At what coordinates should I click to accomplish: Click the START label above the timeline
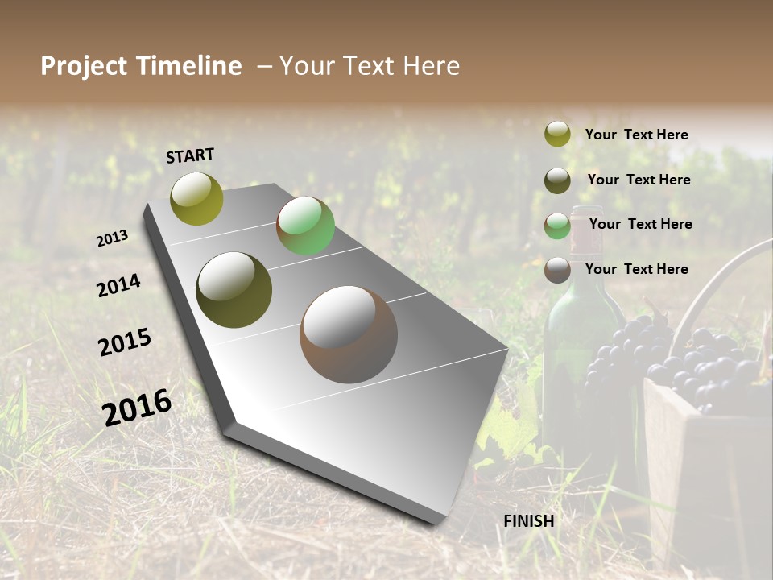click(x=190, y=155)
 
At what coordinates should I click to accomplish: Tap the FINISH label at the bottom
click(x=529, y=521)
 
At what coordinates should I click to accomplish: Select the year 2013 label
click(x=112, y=238)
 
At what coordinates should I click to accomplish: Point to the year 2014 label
click(x=118, y=285)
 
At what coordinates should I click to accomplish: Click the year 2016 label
click(x=137, y=407)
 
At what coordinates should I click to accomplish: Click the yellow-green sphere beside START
click(x=197, y=199)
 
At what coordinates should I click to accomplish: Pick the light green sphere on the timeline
click(x=305, y=226)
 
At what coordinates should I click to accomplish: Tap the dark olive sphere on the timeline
click(x=234, y=290)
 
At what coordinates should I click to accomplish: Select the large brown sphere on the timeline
click(x=349, y=334)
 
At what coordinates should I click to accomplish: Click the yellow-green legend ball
click(x=557, y=135)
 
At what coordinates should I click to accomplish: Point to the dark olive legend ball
click(x=557, y=180)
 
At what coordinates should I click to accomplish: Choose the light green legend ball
click(x=557, y=226)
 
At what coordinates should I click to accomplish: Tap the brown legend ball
click(x=557, y=270)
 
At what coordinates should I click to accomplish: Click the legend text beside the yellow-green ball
click(x=636, y=135)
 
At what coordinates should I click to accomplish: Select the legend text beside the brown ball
click(x=636, y=269)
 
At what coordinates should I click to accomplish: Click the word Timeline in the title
click(x=190, y=66)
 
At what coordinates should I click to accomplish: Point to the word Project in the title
click(x=84, y=66)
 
